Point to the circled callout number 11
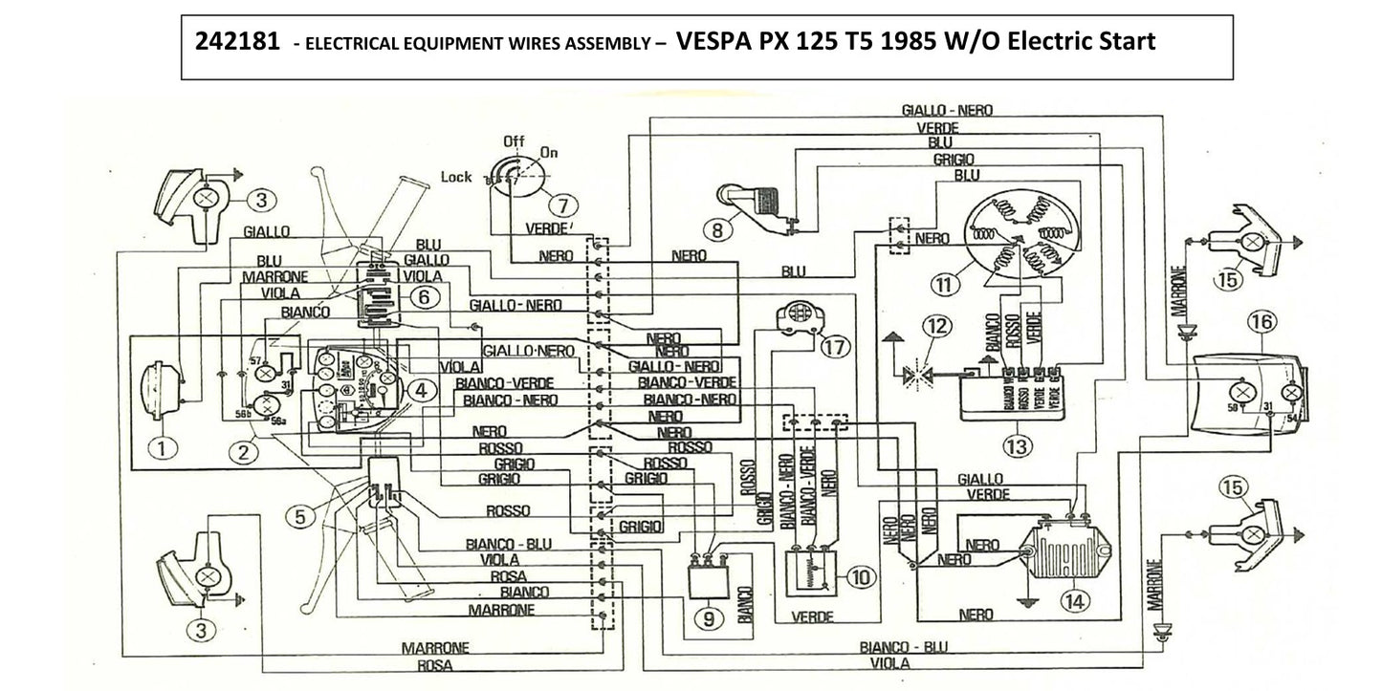click(x=946, y=284)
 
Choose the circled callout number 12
click(x=938, y=327)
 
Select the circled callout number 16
click(x=1262, y=322)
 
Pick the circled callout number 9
click(x=708, y=619)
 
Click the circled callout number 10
click(x=860, y=576)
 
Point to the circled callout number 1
click(x=163, y=446)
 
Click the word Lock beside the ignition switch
click(x=456, y=177)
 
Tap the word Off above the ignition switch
click(x=516, y=141)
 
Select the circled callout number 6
click(x=427, y=297)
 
